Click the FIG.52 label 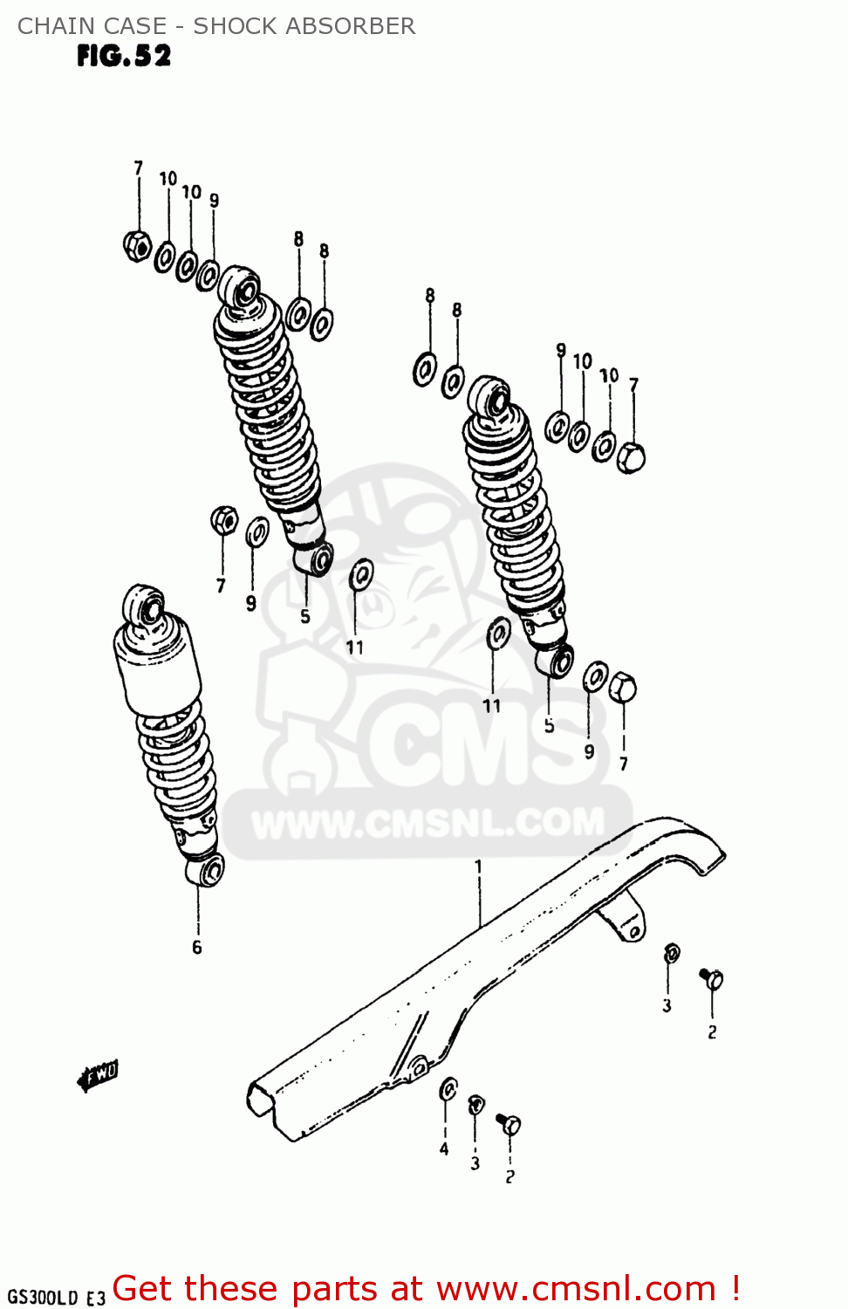[x=124, y=56]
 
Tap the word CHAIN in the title [x=55, y=26]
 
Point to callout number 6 [x=197, y=947]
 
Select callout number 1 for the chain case [x=478, y=866]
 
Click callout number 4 [x=444, y=1149]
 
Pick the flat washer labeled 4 [x=448, y=1089]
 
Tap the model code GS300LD [x=42, y=1297]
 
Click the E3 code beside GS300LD [x=95, y=1298]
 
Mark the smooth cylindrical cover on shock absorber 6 [x=157, y=663]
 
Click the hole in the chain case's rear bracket [x=634, y=933]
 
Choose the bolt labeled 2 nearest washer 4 [x=509, y=1124]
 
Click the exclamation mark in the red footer [x=735, y=1287]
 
